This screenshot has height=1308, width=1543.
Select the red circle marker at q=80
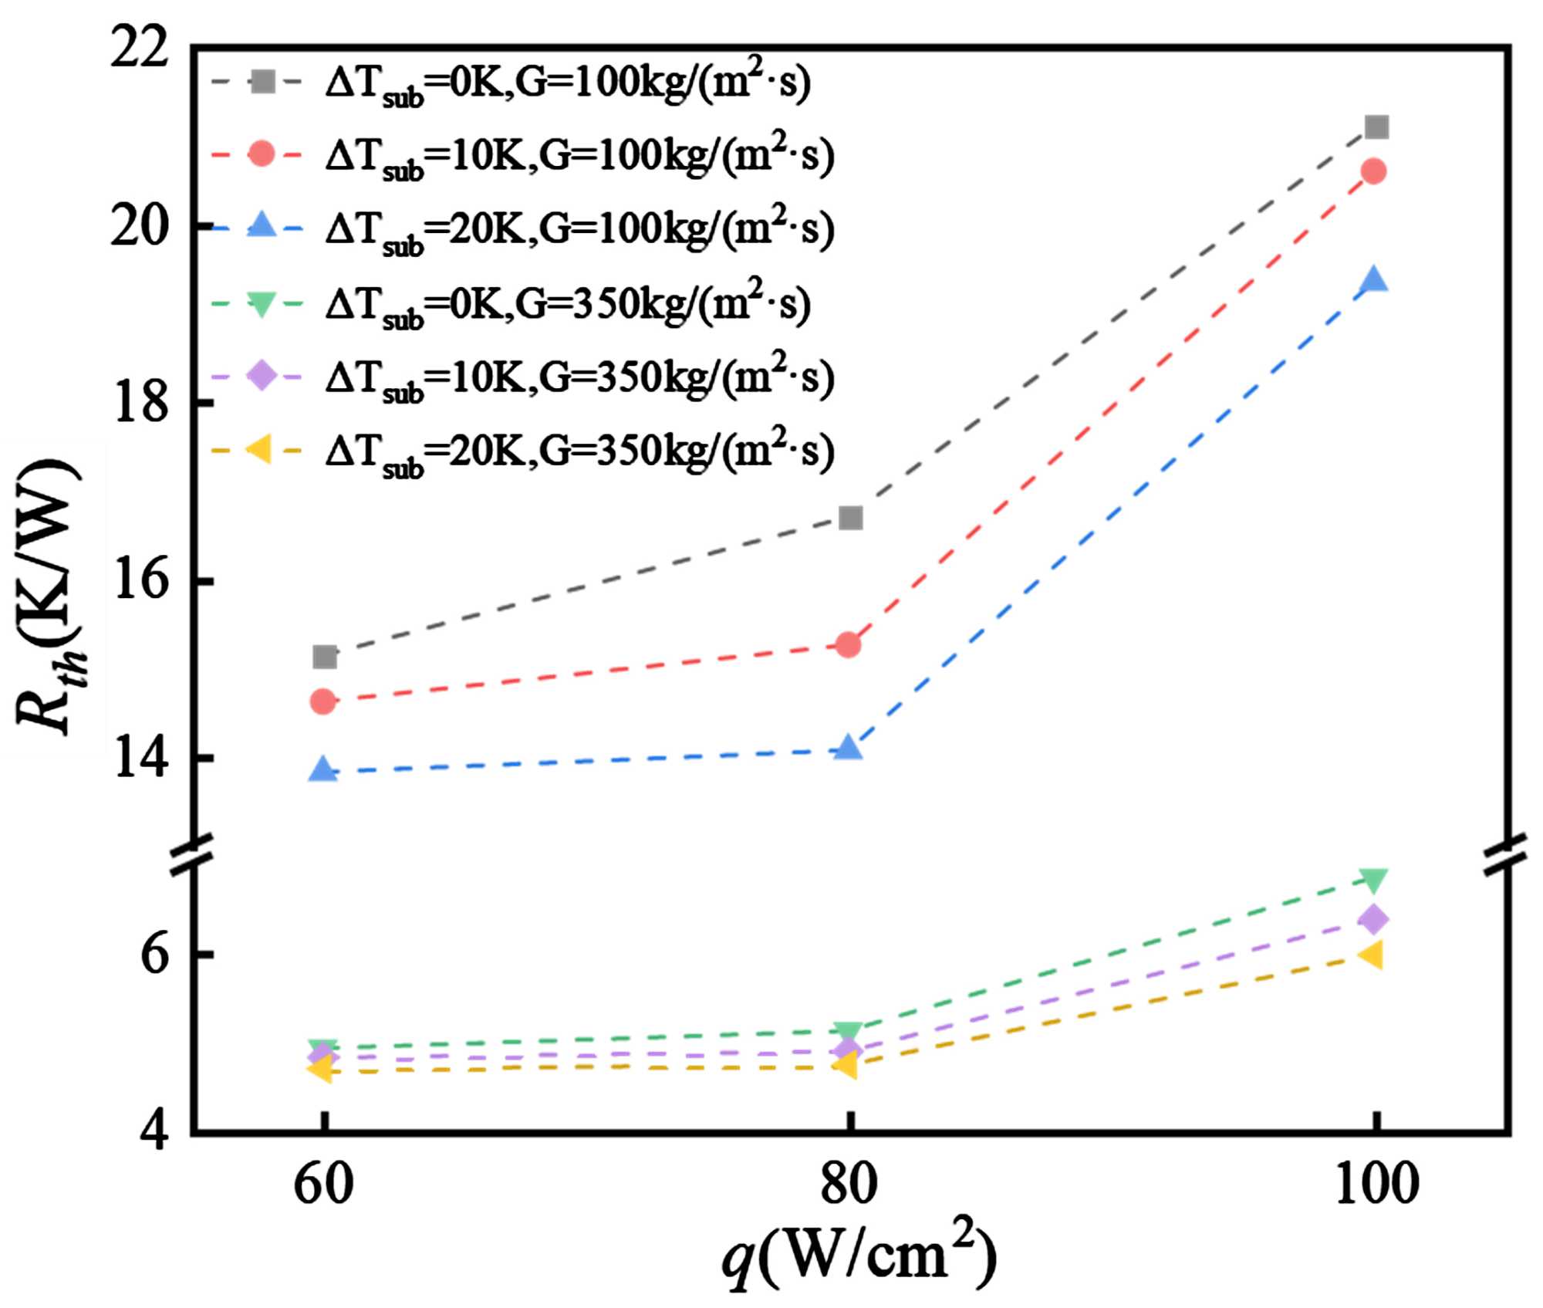[849, 644]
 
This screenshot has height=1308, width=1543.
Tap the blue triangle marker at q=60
[323, 769]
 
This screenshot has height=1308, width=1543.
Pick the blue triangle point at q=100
[1374, 279]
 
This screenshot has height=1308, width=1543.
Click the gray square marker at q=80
[850, 518]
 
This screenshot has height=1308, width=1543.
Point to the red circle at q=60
[323, 701]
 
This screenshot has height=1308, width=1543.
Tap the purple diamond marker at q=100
[1374, 919]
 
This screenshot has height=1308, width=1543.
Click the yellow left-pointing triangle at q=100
[1372, 955]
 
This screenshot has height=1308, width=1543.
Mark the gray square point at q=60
[325, 657]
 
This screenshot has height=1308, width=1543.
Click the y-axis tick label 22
[139, 49]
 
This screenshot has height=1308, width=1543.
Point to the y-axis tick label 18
[139, 403]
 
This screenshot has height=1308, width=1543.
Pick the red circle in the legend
[262, 154]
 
